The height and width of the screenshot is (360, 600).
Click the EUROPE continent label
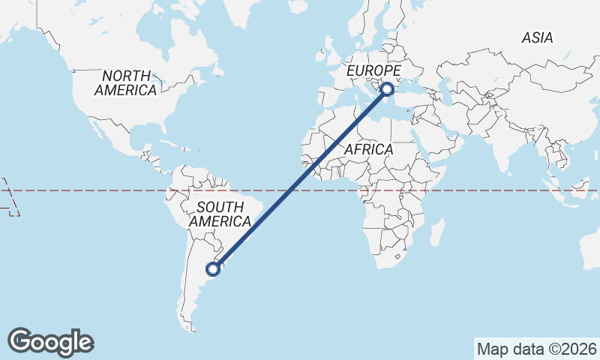tap(373, 70)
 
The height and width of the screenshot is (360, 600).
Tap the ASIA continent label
tap(537, 37)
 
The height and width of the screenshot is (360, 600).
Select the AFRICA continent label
tap(368, 150)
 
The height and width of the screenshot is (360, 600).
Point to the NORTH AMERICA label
tap(126, 82)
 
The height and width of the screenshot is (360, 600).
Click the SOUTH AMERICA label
tap(219, 214)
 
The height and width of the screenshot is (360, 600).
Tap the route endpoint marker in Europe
tap(387, 89)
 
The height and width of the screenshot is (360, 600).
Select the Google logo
tap(51, 342)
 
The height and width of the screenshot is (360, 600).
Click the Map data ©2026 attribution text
tap(537, 349)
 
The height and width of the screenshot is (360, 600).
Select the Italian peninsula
tap(365, 87)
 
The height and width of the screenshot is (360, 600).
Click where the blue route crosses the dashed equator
tap(286, 190)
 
